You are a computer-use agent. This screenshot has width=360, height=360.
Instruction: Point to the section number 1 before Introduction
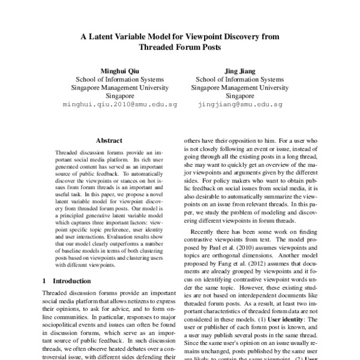(46, 280)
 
